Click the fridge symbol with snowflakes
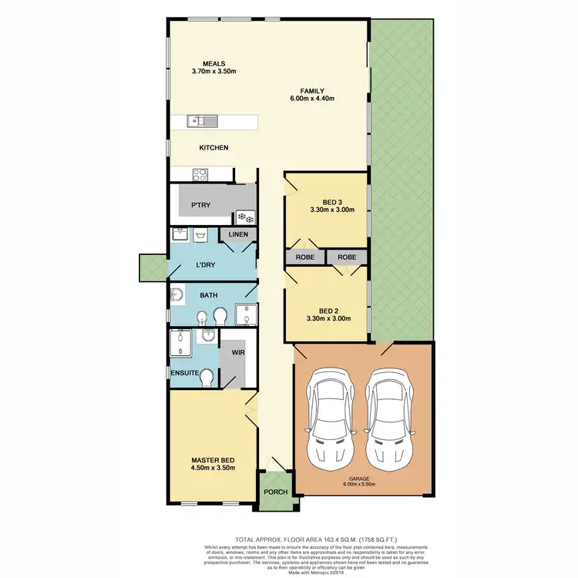point(245,217)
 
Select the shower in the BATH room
point(245,314)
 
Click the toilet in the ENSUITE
point(205,375)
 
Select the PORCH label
point(275,492)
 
